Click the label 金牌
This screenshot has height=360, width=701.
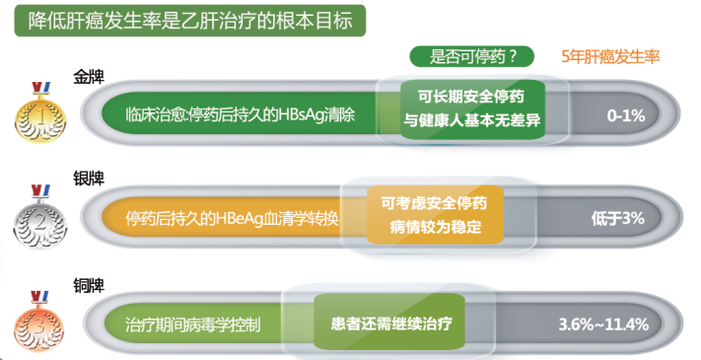tap(90, 76)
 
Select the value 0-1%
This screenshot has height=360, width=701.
tap(626, 116)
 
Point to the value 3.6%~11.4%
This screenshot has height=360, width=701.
tap(602, 324)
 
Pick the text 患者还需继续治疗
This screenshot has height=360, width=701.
tap(389, 324)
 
